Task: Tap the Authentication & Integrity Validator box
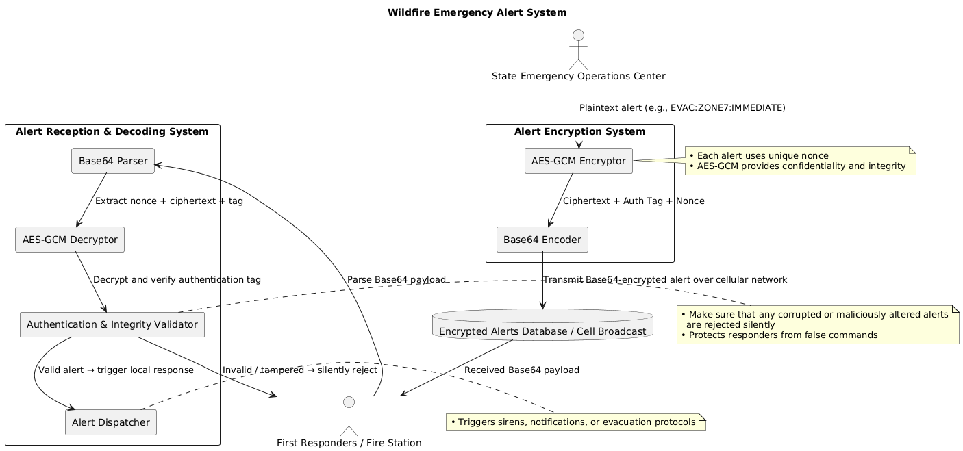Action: (x=112, y=324)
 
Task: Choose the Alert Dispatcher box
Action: (x=110, y=422)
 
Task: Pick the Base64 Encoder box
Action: (x=542, y=240)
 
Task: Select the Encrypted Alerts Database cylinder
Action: (x=542, y=324)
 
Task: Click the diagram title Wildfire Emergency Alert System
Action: (x=477, y=12)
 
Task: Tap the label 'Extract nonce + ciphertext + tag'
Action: (x=168, y=201)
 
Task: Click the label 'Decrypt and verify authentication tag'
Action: (x=177, y=279)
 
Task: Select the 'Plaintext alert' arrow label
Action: (x=682, y=107)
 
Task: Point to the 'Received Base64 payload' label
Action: (x=521, y=370)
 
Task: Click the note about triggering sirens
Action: (x=575, y=422)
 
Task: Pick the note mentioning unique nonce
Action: (x=800, y=161)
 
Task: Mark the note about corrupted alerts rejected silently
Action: (x=817, y=324)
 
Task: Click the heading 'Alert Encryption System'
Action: (x=579, y=131)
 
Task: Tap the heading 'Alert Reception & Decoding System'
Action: (x=112, y=131)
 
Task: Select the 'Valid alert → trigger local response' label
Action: (x=116, y=370)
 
